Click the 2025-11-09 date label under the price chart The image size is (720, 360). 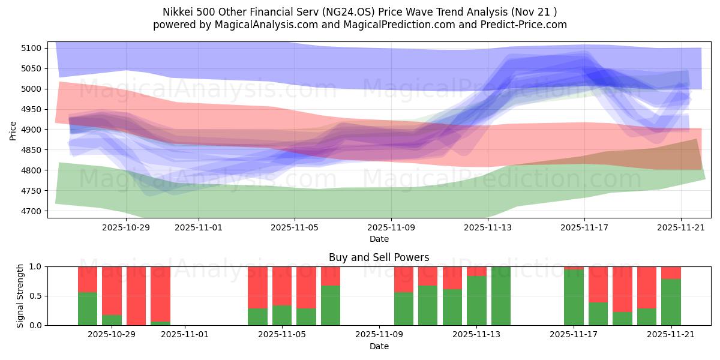tap(391, 228)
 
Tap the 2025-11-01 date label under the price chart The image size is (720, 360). tap(199, 228)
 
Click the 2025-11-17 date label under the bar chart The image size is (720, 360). tap(574, 335)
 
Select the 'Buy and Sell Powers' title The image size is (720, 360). tap(379, 257)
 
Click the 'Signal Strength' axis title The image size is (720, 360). tap(20, 296)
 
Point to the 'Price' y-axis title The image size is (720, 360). tap(13, 130)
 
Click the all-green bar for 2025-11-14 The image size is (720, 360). tap(501, 296)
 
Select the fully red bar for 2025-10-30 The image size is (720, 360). tap(136, 296)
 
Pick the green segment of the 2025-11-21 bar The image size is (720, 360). tap(671, 302)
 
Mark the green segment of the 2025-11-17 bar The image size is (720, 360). tap(574, 298)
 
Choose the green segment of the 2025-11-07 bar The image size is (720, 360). tap(331, 305)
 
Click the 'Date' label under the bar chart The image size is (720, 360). tap(379, 346)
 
